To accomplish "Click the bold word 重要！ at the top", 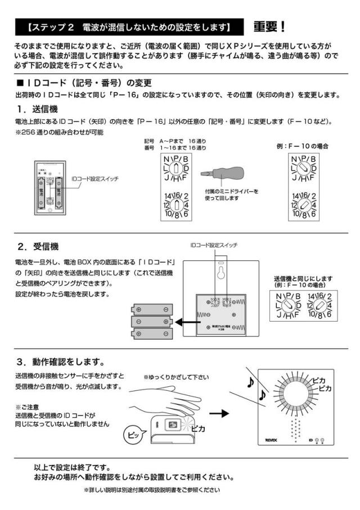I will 269,26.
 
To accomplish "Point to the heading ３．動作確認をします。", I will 61,361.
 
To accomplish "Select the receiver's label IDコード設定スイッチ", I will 214,245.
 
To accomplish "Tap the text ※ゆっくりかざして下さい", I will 176,377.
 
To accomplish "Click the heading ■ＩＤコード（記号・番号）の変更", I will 84,83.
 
